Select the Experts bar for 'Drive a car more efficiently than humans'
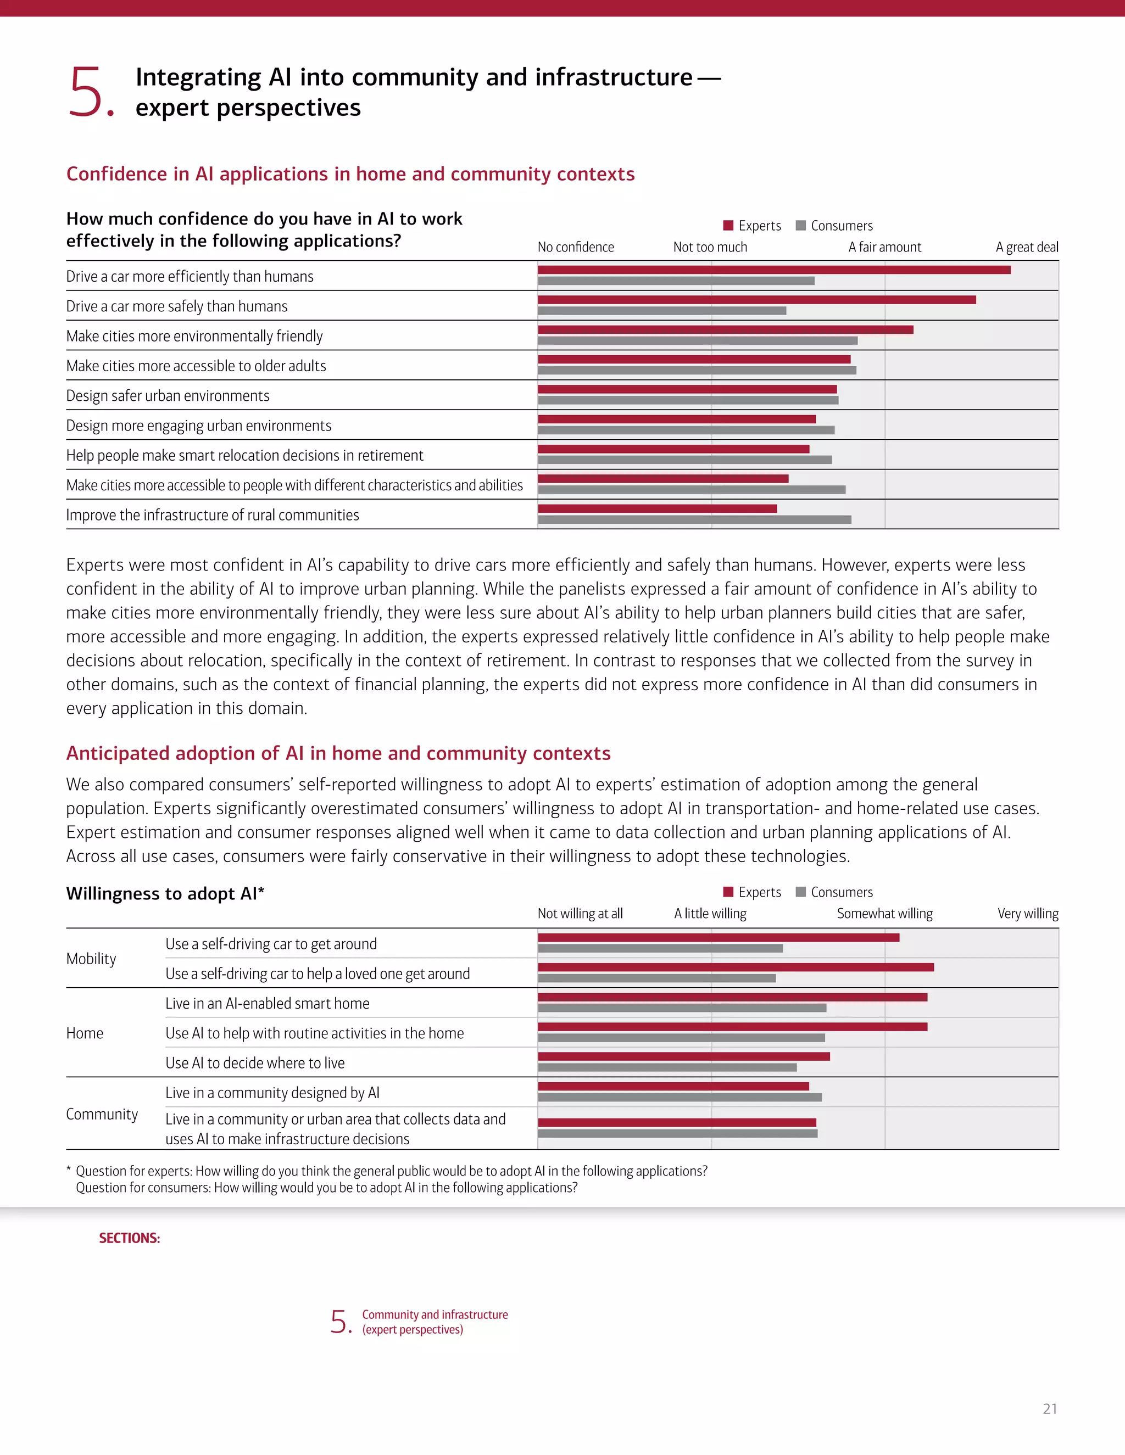pyautogui.click(x=773, y=270)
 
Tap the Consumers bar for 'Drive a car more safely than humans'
pyautogui.click(x=661, y=310)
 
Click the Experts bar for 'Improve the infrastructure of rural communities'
pyautogui.click(x=656, y=508)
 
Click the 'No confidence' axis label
pyautogui.click(x=575, y=247)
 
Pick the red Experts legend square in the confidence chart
pyautogui.click(x=728, y=225)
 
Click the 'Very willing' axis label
pyautogui.click(x=1027, y=914)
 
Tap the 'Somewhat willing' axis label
pyautogui.click(x=884, y=914)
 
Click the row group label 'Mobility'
pyautogui.click(x=91, y=959)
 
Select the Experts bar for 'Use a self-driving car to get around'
pyautogui.click(x=718, y=937)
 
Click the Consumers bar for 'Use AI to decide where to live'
pyautogui.click(x=666, y=1067)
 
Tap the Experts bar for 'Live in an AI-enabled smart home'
pyautogui.click(x=732, y=997)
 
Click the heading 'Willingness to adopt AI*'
pyautogui.click(x=165, y=893)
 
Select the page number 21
pyautogui.click(x=1050, y=1408)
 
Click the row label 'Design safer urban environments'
pyautogui.click(x=168, y=396)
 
